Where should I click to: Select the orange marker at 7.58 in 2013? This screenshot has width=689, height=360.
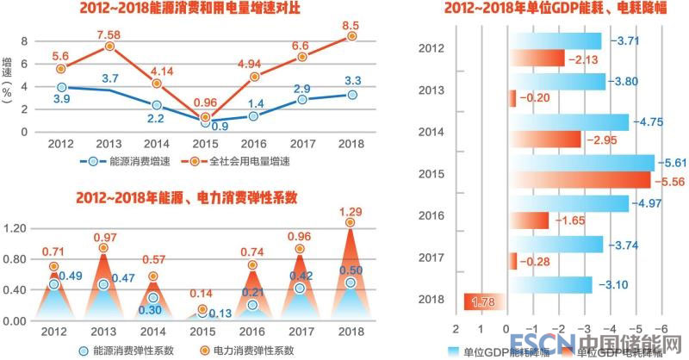[109, 47]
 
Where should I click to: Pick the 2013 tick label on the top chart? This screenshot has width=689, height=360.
[109, 143]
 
